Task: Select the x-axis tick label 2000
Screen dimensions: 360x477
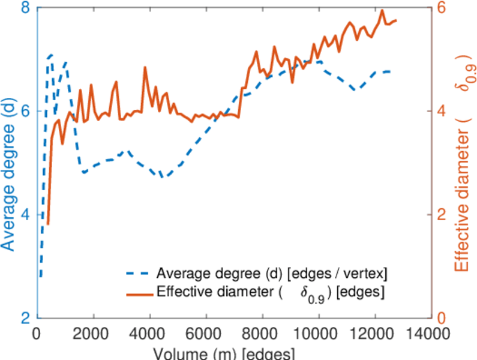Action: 94,332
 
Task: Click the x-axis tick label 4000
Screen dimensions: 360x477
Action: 150,332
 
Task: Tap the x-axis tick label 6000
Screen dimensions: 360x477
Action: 206,332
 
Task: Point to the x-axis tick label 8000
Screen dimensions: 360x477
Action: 262,332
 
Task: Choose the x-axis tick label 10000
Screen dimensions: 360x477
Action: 318,332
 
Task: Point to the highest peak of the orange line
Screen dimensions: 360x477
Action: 382,10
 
